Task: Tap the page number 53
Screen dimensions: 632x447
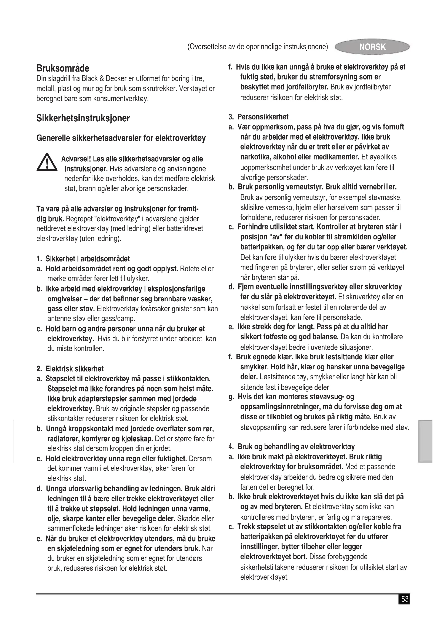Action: (x=404, y=599)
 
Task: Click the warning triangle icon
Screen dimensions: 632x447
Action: (x=47, y=163)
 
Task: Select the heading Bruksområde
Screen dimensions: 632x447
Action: (x=63, y=68)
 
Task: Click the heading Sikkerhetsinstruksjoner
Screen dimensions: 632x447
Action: (x=83, y=118)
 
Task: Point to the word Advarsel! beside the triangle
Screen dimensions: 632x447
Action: (x=76, y=159)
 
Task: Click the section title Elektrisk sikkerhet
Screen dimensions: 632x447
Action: (x=74, y=369)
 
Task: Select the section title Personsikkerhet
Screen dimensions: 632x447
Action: (x=263, y=117)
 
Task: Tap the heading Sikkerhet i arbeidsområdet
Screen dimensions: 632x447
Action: (x=88, y=259)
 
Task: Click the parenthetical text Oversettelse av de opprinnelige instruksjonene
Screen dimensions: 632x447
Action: (x=258, y=47)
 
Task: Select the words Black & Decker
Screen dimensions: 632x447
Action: (x=104, y=79)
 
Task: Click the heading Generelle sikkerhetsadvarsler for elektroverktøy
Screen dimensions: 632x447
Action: (x=121, y=138)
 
